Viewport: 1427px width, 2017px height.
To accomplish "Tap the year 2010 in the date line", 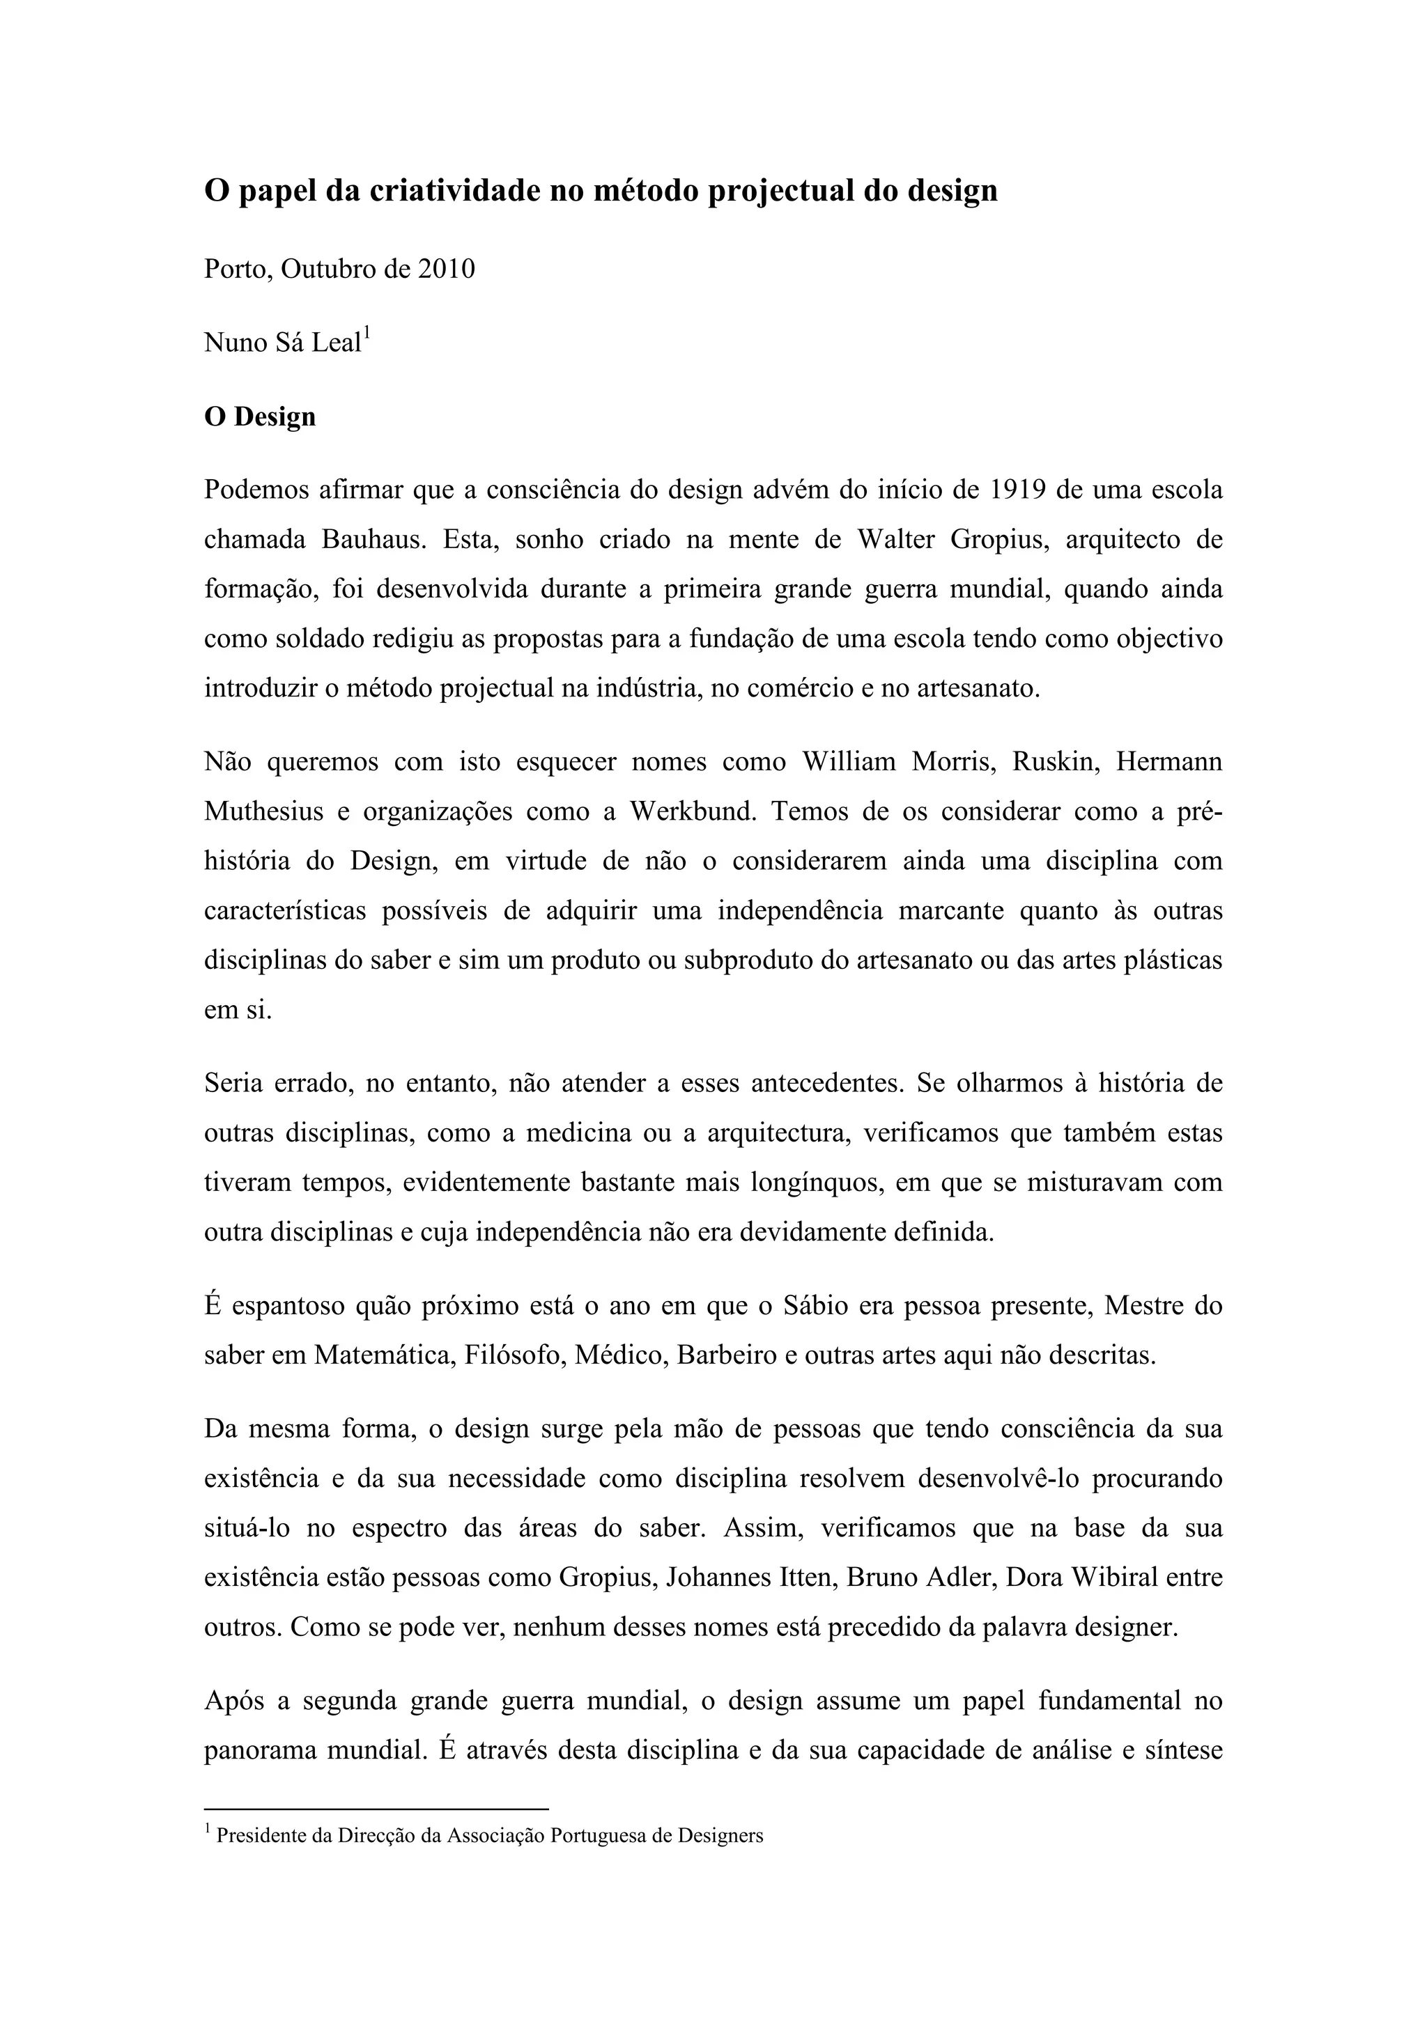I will [445, 269].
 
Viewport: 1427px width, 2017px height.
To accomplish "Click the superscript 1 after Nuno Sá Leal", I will [367, 333].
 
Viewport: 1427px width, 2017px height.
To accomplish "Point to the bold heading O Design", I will [259, 416].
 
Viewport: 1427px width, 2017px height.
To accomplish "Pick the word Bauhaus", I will [374, 538].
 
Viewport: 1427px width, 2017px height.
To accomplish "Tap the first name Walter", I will [896, 538].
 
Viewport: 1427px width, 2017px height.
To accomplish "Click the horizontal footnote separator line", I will [376, 1809].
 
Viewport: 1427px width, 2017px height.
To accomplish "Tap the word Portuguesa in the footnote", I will [599, 1835].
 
